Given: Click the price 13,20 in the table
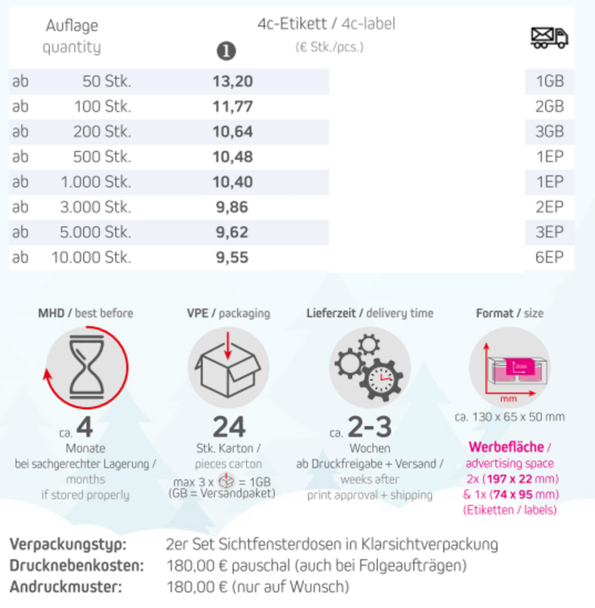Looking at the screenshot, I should (x=232, y=81).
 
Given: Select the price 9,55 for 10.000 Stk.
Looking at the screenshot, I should (x=232, y=258).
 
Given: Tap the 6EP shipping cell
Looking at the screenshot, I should (x=549, y=258).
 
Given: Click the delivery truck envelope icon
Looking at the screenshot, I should (x=549, y=37).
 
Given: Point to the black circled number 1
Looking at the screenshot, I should (x=226, y=51).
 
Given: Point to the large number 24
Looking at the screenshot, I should (x=229, y=427).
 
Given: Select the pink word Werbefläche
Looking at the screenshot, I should (x=505, y=447).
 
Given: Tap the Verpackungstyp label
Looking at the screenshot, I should (x=68, y=544).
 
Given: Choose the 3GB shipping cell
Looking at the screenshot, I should (x=549, y=131).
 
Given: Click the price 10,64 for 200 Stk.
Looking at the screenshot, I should (x=232, y=131).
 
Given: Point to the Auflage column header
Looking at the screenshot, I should (x=72, y=26).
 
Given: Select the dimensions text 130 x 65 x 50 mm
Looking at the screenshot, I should (x=509, y=417).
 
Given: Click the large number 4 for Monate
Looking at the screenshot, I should (x=85, y=428).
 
